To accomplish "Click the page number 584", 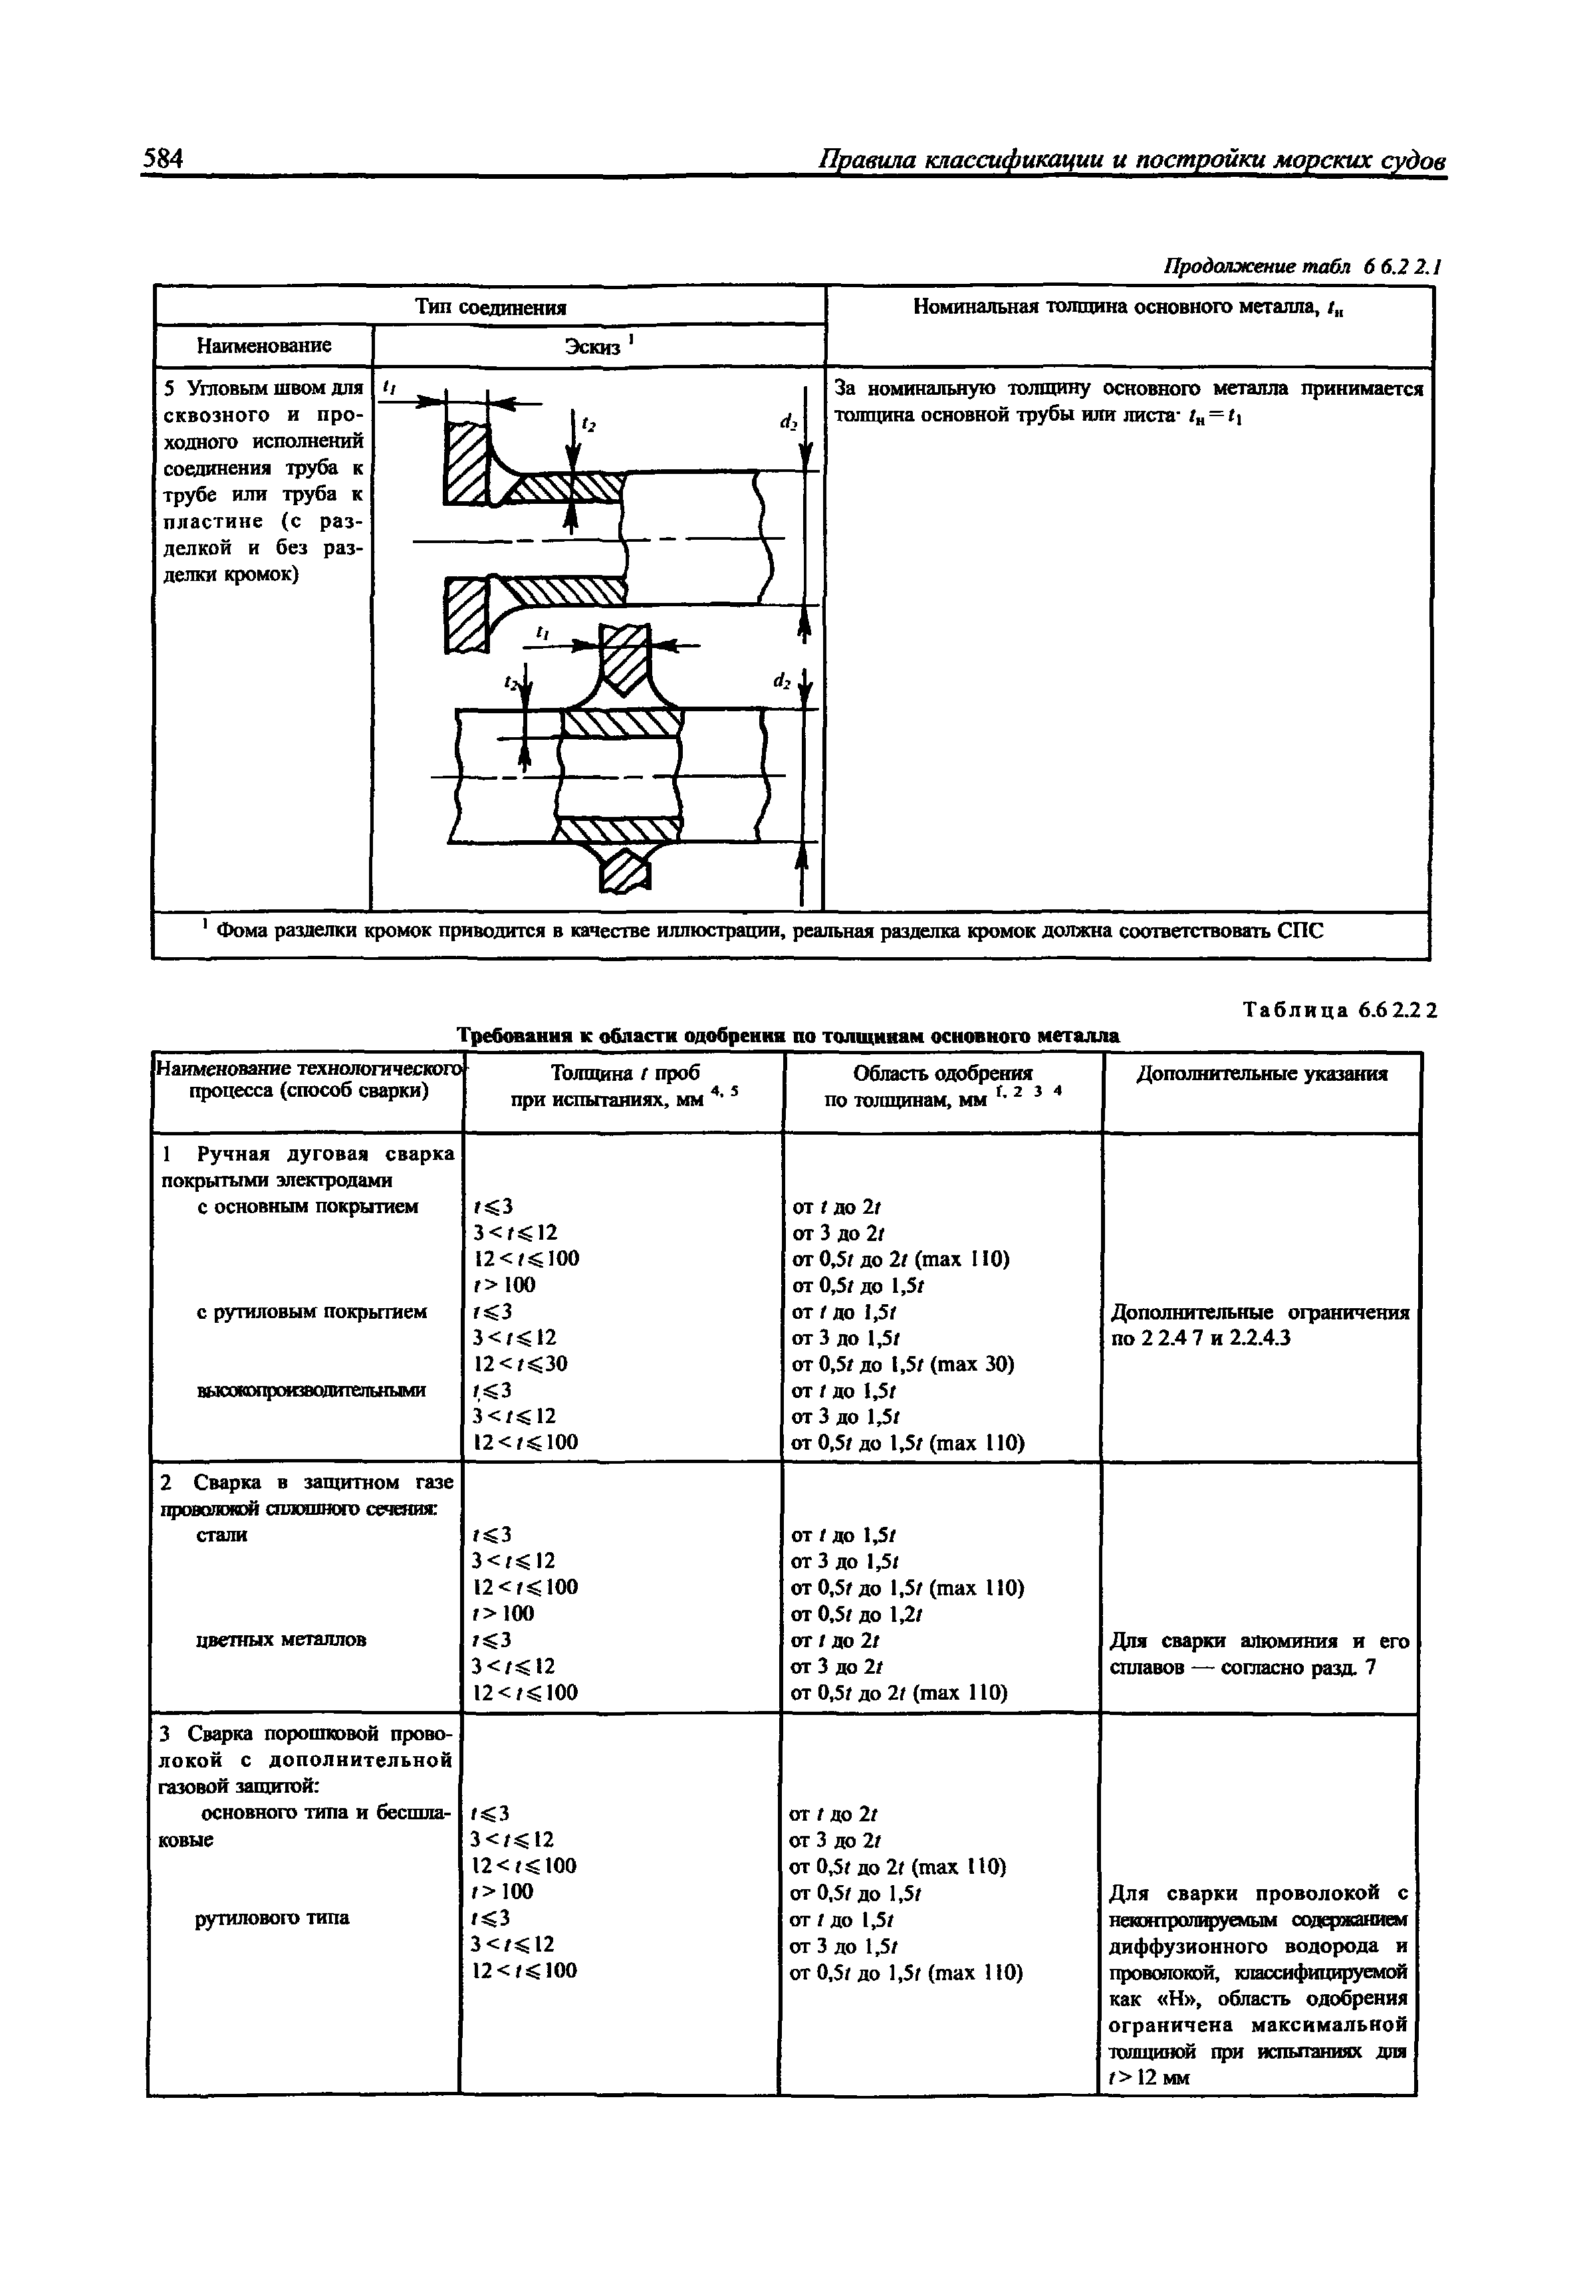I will pyautogui.click(x=164, y=160).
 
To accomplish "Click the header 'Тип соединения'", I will pyautogui.click(x=490, y=306).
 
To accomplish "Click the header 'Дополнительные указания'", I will pyautogui.click(x=1261, y=1074).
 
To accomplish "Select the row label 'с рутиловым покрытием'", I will pyautogui.click(x=312, y=1311).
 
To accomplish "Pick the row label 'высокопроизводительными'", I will pyautogui.click(x=312, y=1390).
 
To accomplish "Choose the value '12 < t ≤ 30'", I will pyautogui.click(x=521, y=1364).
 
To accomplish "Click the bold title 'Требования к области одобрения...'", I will pyautogui.click(x=788, y=1036).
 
